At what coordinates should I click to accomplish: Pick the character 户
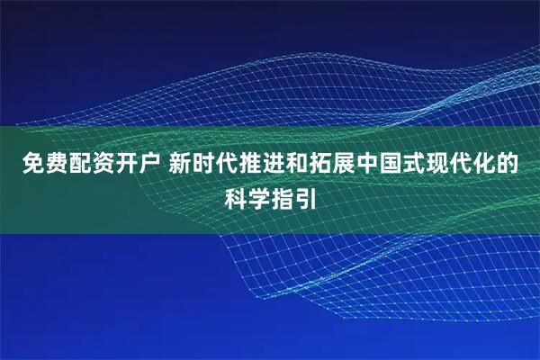148,165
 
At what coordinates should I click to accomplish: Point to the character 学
257,195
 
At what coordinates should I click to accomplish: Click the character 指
283,195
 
